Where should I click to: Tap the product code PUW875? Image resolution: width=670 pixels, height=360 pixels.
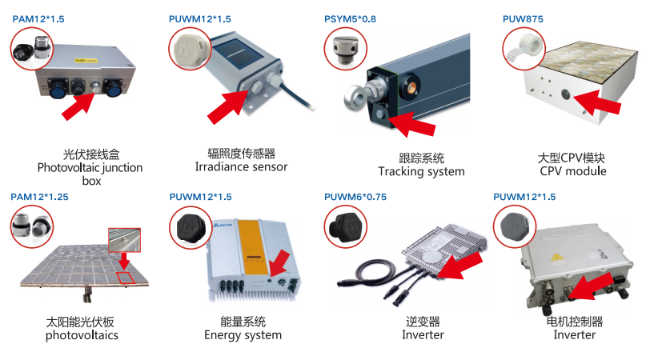coord(521,18)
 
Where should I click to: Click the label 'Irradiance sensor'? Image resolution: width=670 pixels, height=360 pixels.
coord(241,167)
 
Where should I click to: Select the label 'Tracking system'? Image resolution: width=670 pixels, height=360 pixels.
coord(421,172)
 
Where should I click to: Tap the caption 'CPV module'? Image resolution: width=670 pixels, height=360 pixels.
coord(572,171)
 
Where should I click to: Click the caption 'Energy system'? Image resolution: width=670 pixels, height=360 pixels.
coord(243,335)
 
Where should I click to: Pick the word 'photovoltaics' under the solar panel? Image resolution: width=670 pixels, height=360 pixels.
coord(82,335)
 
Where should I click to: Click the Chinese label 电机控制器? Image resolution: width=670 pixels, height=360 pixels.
coord(574,322)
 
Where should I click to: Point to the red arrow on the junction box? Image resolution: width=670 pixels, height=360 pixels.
coord(80,104)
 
